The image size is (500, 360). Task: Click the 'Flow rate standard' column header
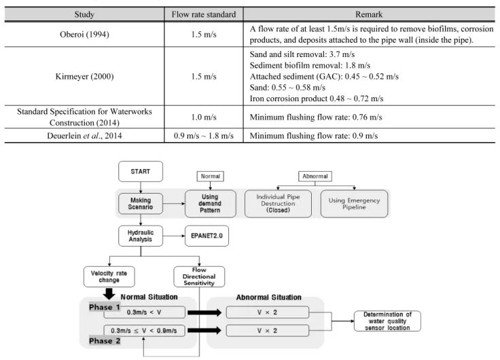click(204, 14)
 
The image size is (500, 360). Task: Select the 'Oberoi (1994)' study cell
click(84, 35)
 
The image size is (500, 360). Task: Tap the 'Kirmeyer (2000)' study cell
click(84, 77)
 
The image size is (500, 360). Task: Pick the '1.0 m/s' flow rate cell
click(204, 117)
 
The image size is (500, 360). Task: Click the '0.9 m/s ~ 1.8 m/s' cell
click(204, 136)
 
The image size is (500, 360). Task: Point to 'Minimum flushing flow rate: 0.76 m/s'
click(316, 117)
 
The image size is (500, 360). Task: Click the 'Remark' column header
click(369, 14)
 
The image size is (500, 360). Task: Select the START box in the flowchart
click(141, 172)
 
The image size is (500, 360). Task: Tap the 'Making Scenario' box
click(141, 204)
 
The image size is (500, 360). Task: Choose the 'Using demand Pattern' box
click(210, 204)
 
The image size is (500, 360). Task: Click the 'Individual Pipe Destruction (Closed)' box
click(278, 204)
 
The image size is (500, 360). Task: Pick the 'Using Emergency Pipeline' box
click(354, 204)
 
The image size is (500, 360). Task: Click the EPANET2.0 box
click(207, 236)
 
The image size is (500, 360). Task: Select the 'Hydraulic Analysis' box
click(141, 236)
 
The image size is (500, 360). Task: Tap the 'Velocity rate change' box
click(109, 276)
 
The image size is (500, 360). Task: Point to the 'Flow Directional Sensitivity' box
click(199, 276)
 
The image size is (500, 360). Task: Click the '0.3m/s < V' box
click(144, 312)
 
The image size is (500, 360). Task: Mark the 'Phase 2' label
click(105, 341)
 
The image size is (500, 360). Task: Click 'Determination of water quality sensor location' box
click(387, 321)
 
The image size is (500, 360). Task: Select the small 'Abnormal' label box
click(315, 177)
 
